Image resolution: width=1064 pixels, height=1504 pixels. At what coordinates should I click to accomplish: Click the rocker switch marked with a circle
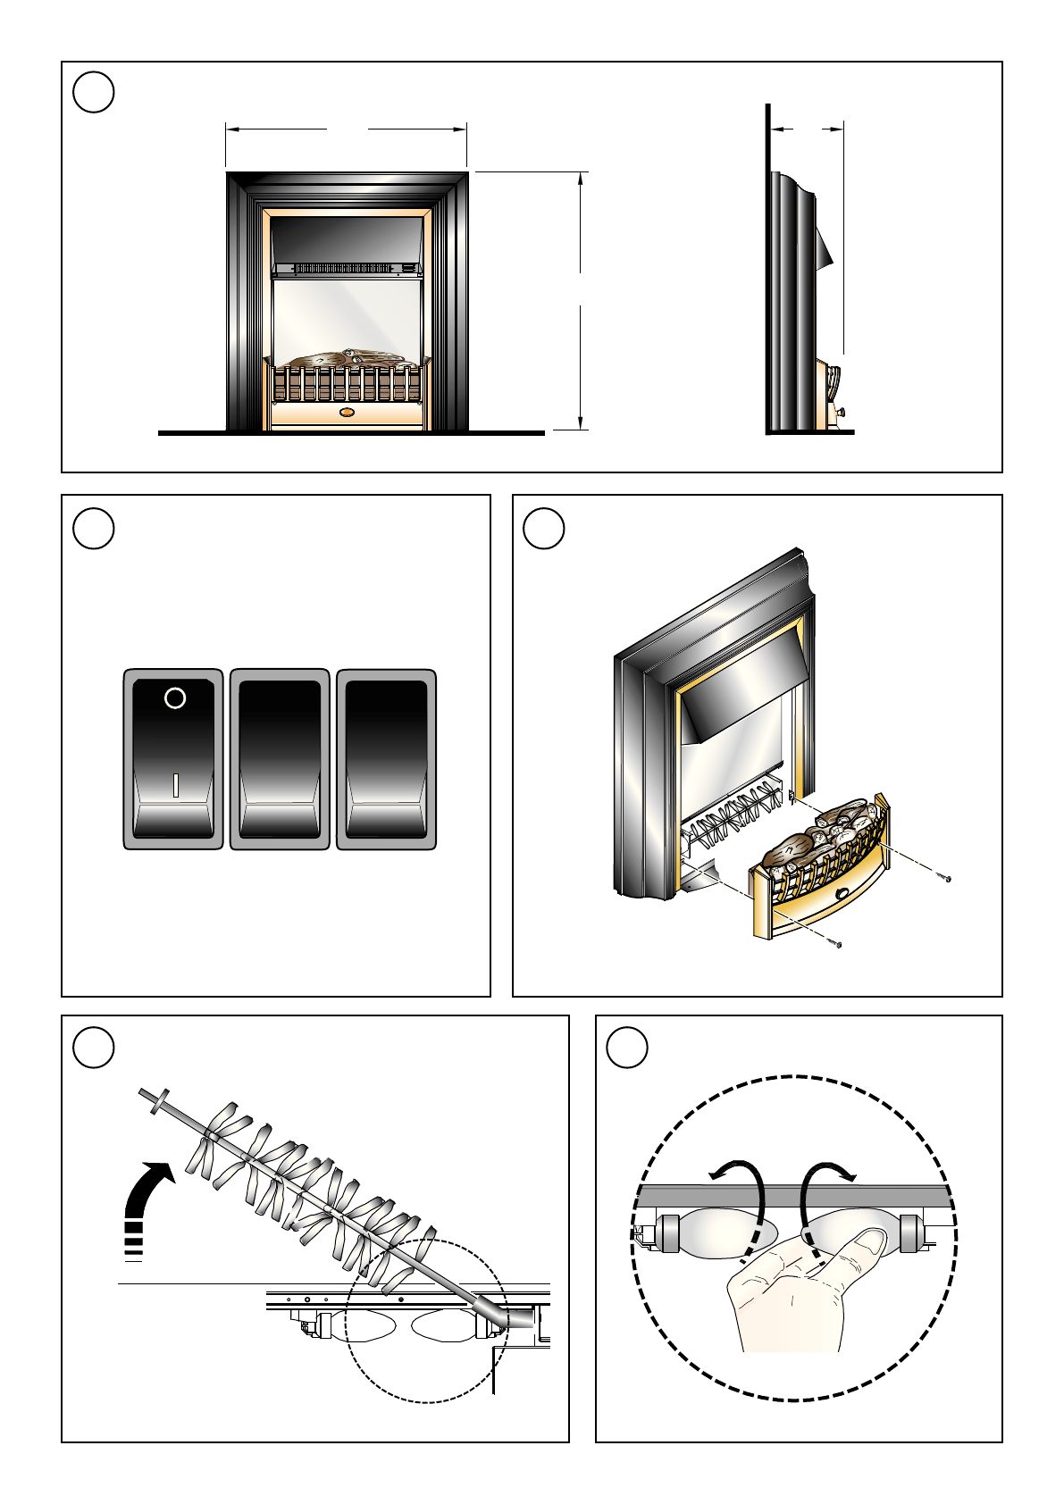pyautogui.click(x=172, y=759)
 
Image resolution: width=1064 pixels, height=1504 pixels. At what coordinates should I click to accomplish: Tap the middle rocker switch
pyautogui.click(x=280, y=759)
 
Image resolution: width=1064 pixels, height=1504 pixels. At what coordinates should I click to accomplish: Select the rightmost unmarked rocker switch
pyautogui.click(x=386, y=759)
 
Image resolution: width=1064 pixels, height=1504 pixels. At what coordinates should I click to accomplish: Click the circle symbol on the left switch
pyautogui.click(x=175, y=698)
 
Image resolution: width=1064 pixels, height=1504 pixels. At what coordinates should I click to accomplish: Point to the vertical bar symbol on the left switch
pyautogui.click(x=176, y=785)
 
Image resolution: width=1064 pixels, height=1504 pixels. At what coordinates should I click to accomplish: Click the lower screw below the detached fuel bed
pyautogui.click(x=837, y=943)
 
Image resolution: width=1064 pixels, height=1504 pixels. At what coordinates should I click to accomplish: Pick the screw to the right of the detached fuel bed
pyautogui.click(x=946, y=879)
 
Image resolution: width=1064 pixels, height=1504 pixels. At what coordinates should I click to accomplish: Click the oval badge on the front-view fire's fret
pyautogui.click(x=348, y=413)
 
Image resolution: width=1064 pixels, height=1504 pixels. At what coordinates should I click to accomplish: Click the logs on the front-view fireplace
pyautogui.click(x=346, y=358)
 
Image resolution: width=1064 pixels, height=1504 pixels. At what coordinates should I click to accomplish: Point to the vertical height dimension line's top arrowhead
pyautogui.click(x=581, y=177)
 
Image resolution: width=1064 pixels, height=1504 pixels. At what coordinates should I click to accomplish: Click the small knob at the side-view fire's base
pyautogui.click(x=841, y=413)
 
